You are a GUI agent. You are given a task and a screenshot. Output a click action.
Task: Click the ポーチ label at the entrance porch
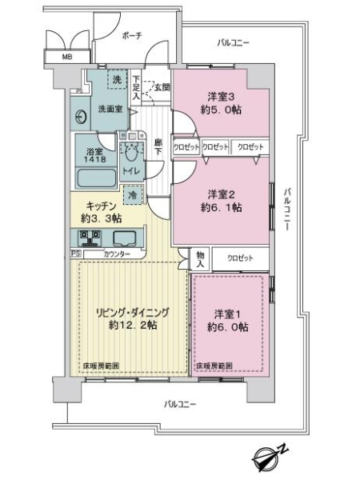131,36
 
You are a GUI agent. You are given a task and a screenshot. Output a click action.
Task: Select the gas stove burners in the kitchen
90,238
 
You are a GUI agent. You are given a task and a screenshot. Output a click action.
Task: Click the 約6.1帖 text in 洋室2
224,207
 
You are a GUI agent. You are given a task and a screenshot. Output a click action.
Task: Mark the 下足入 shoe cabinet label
137,86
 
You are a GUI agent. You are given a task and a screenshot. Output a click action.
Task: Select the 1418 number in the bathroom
94,158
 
